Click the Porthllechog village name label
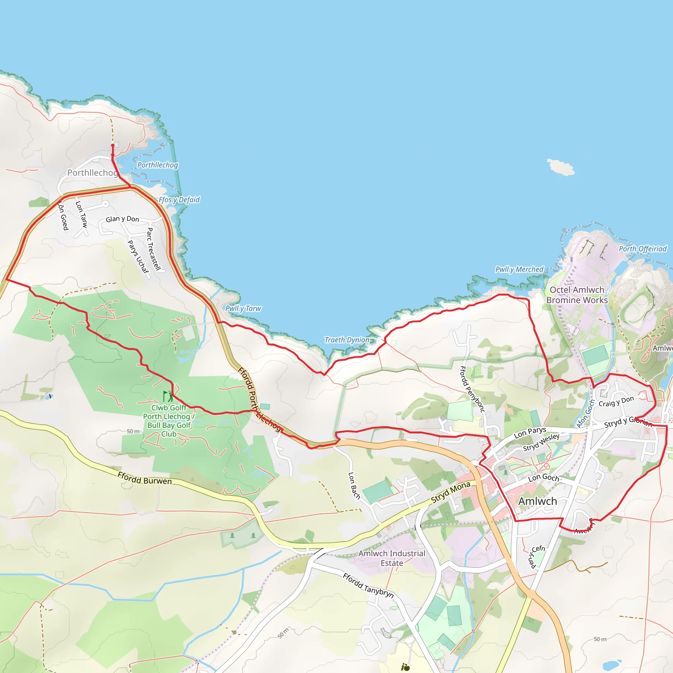(92, 173)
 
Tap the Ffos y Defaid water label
(179, 199)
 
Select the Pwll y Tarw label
(243, 308)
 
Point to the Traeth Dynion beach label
(347, 340)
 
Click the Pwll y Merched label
(519, 269)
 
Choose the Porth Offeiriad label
(643, 249)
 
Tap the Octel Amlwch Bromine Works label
(577, 295)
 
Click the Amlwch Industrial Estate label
(392, 558)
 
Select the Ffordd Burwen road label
(145, 478)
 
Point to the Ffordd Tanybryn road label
(368, 586)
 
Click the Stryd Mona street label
(451, 492)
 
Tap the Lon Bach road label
(354, 486)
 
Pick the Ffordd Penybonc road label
(472, 389)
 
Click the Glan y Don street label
(122, 219)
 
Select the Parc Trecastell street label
(153, 249)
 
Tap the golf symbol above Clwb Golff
(168, 396)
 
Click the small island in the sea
(561, 167)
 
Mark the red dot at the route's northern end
(112, 145)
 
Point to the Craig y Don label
(616, 401)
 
